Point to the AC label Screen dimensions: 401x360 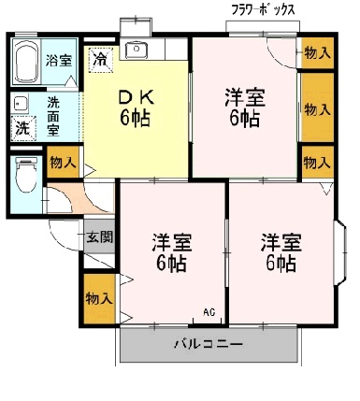tap(208, 312)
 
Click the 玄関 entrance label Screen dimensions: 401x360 tap(100, 237)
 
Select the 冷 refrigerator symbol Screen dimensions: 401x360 tap(99, 59)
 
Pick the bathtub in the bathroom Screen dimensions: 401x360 tap(26, 60)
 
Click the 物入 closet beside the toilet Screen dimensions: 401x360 tap(63, 164)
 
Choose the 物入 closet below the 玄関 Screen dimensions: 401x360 tap(98, 298)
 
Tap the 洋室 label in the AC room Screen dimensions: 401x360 tap(172, 251)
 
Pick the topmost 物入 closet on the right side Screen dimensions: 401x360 tap(317, 53)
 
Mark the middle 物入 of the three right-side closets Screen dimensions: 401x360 tap(317, 108)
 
